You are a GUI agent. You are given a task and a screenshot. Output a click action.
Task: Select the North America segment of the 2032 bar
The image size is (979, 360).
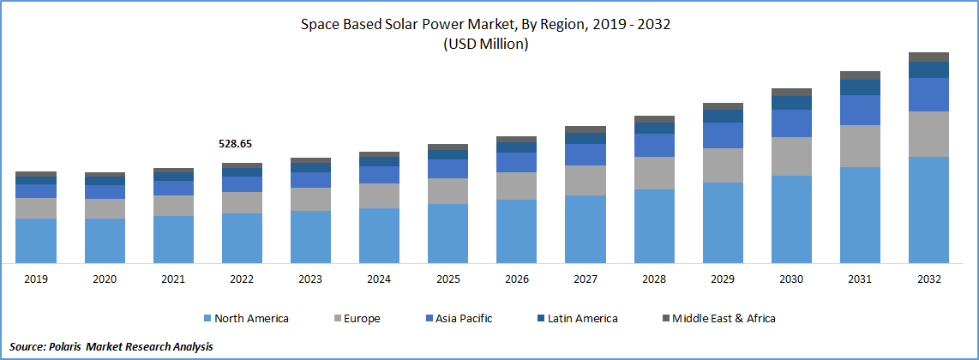click(928, 209)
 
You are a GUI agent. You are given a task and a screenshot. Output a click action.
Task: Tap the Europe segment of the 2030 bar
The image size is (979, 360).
click(791, 156)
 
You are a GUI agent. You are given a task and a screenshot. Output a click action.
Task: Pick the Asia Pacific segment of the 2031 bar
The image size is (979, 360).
click(860, 110)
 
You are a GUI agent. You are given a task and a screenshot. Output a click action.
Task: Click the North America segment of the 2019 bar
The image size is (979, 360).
click(36, 240)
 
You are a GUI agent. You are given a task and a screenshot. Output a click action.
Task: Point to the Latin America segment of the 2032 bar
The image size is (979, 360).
click(928, 69)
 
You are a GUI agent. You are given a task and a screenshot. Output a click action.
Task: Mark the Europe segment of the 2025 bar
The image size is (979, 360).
click(447, 190)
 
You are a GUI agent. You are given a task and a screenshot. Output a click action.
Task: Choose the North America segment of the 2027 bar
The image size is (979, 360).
click(586, 228)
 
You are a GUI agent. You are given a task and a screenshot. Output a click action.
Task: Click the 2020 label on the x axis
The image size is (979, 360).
click(105, 279)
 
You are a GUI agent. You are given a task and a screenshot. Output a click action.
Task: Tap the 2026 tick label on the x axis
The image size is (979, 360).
click(516, 279)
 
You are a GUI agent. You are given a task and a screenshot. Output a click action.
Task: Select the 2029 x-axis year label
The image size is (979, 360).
click(723, 279)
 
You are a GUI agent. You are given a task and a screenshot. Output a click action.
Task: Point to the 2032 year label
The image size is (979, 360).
click(928, 279)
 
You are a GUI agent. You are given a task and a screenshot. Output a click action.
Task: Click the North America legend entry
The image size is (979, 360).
click(247, 318)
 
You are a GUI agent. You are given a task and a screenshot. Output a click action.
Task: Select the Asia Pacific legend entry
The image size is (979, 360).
click(460, 318)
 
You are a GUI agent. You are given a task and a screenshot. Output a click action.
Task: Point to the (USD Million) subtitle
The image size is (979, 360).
click(485, 45)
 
